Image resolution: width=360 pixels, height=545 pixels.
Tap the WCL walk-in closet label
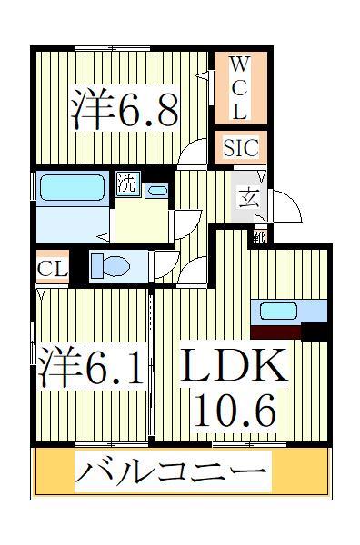pos(237,89)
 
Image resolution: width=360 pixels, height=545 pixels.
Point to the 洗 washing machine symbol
pos(127,183)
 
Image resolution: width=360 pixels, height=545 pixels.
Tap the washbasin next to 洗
pos(156,191)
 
